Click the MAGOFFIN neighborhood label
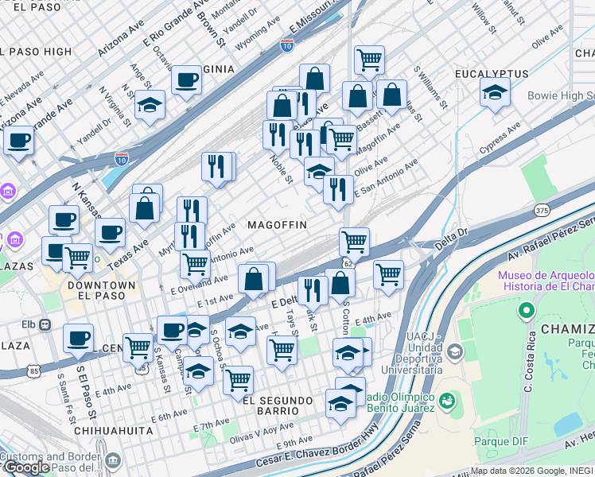click(x=277, y=225)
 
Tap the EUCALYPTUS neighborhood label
click(x=492, y=74)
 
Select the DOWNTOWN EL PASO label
click(x=101, y=291)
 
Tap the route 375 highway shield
click(x=542, y=210)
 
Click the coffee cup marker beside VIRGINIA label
click(x=186, y=80)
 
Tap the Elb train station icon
click(x=46, y=324)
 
